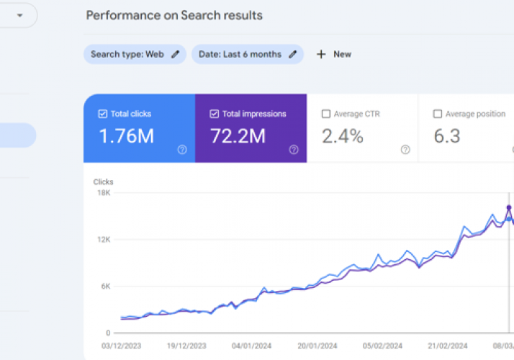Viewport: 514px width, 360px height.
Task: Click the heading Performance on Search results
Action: point(174,15)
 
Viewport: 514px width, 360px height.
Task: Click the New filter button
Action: point(334,54)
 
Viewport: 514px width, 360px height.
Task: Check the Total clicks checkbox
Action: point(102,114)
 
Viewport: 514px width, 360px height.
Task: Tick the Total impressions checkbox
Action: point(214,114)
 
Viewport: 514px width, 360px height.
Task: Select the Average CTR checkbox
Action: point(326,114)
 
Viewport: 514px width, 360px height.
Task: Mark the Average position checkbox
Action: point(438,114)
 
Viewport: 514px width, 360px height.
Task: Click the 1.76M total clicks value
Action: point(126,135)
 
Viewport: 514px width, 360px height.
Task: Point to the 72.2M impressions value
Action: point(238,135)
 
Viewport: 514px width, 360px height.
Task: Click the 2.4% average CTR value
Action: point(342,135)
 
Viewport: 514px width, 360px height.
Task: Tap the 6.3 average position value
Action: point(447,135)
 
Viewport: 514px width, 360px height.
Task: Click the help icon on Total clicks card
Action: point(182,150)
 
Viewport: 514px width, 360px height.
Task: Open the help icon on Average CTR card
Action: point(405,150)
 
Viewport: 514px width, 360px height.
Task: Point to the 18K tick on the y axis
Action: point(103,193)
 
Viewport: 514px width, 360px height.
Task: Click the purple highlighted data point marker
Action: point(509,207)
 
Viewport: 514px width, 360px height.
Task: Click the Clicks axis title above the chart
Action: point(104,182)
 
